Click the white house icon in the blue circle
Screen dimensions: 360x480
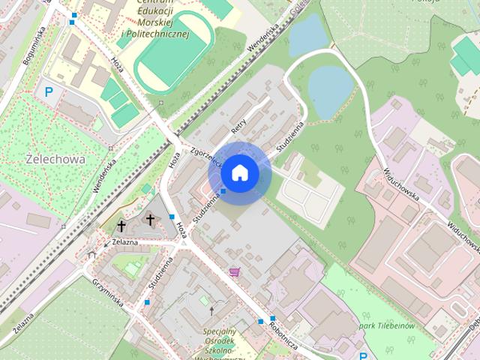pyautogui.click(x=239, y=173)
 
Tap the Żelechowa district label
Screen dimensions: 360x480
pyautogui.click(x=55, y=160)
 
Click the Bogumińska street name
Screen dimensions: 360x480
pyautogui.click(x=34, y=44)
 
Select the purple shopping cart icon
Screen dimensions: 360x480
pyautogui.click(x=234, y=271)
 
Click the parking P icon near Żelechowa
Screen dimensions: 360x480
pyautogui.click(x=50, y=93)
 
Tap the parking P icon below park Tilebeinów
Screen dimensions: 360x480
pyautogui.click(x=364, y=355)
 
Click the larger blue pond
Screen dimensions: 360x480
pyautogui.click(x=331, y=89)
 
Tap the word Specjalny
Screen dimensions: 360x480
pyautogui.click(x=220, y=331)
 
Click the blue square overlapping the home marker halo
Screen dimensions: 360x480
pyautogui.click(x=223, y=191)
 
